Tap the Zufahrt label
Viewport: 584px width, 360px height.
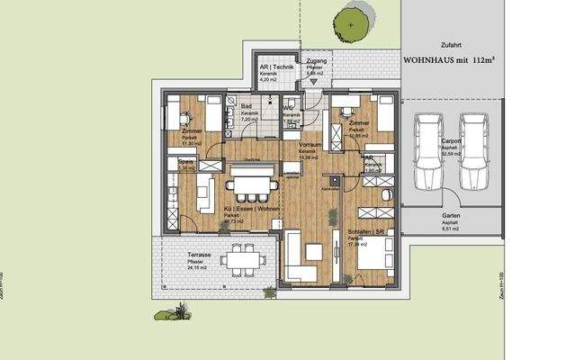click(451, 42)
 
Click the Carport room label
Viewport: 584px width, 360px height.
click(452, 142)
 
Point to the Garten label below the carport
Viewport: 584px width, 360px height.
click(451, 218)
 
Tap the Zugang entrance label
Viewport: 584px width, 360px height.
click(316, 59)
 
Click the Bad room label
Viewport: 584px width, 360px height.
click(246, 107)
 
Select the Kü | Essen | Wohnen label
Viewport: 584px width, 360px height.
click(250, 209)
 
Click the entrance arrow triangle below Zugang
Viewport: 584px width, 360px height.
click(314, 81)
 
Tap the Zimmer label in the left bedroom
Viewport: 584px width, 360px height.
click(193, 132)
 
